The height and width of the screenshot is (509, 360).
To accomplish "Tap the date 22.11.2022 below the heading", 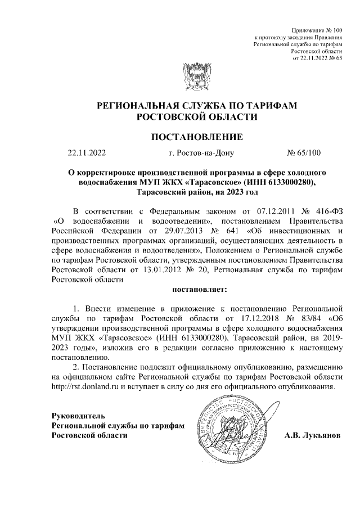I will click(87, 152).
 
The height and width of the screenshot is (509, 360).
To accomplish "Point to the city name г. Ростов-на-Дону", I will click(197, 152).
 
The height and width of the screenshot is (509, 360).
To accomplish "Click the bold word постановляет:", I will click(199, 291).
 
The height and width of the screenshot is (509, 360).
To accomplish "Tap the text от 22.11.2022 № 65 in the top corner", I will click(318, 58).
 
